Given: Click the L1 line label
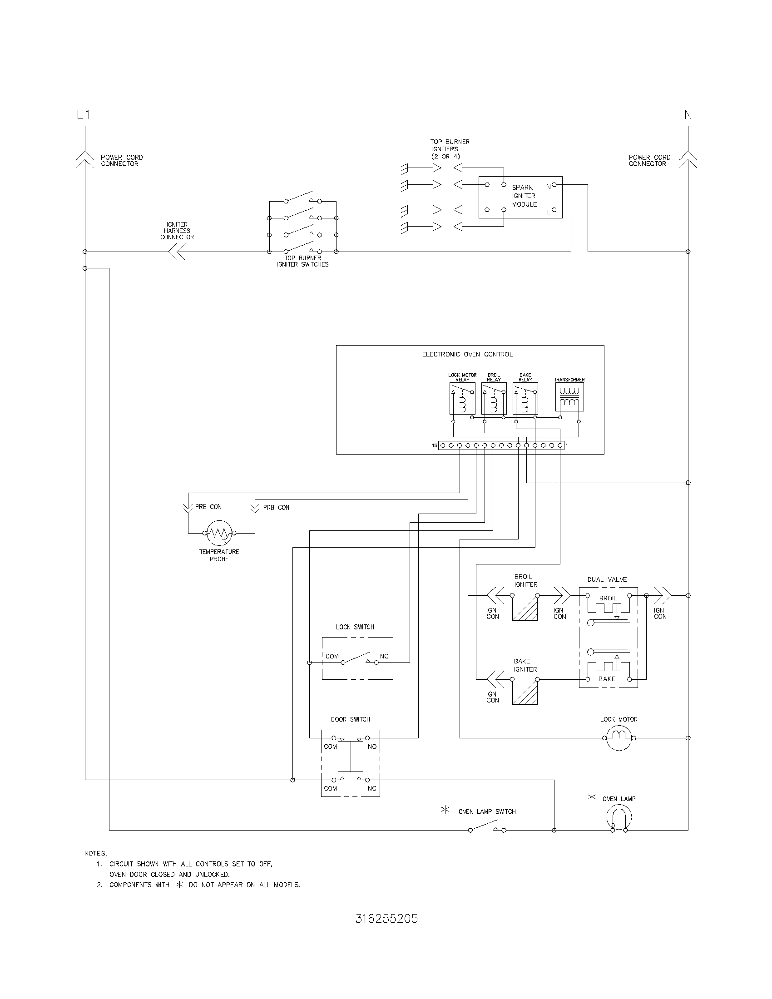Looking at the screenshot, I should pyautogui.click(x=83, y=114).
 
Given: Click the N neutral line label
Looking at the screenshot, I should pyautogui.click(x=688, y=114).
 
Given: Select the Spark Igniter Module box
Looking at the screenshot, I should pyautogui.click(x=520, y=197).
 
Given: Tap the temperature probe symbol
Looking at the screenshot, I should pyautogui.click(x=219, y=533).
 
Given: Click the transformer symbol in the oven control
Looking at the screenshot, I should pyautogui.click(x=569, y=396).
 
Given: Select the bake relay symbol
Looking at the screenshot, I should pyautogui.click(x=525, y=398).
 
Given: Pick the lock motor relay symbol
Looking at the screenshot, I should pyautogui.click(x=462, y=398).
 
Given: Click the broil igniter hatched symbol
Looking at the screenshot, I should pyautogui.click(x=525, y=608).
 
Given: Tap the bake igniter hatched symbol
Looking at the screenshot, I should pyautogui.click(x=525, y=692).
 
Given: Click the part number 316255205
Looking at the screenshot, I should pyautogui.click(x=386, y=919).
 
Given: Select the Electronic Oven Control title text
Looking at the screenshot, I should pyautogui.click(x=467, y=354).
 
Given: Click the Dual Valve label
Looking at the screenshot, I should pyautogui.click(x=607, y=579).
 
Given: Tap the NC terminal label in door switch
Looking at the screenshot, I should pyautogui.click(x=372, y=788).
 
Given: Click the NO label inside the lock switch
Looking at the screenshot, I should pyautogui.click(x=384, y=656).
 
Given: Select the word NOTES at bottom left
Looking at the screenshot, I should pyautogui.click(x=95, y=853).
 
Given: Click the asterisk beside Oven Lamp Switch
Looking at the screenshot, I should pyautogui.click(x=445, y=810).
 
